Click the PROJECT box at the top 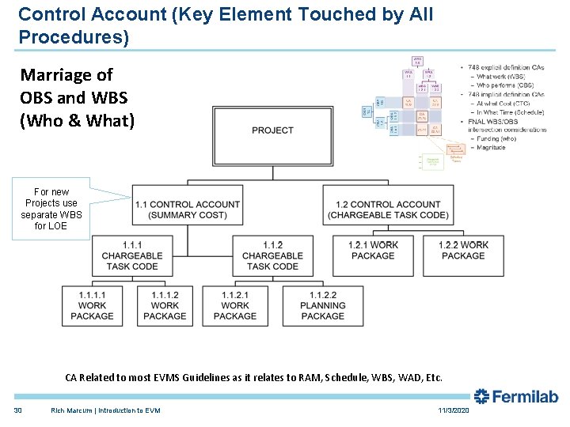coord(272,130)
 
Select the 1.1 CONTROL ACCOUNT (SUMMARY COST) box coord(187,210)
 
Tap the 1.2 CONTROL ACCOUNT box coord(388,210)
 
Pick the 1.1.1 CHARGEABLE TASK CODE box coord(132,255)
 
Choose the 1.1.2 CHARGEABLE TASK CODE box coord(272,255)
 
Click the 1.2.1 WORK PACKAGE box coord(373,251)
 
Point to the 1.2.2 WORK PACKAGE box coord(463,251)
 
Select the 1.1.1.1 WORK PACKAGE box coord(93,305)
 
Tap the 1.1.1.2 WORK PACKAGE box coord(165,305)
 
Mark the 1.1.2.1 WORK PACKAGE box coord(235,305)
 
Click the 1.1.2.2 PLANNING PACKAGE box coord(323,305)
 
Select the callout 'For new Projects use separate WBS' coord(51,209)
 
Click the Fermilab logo coord(516,397)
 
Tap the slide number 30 coord(17,410)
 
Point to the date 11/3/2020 coord(453,410)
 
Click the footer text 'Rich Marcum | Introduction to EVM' coord(105,410)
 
